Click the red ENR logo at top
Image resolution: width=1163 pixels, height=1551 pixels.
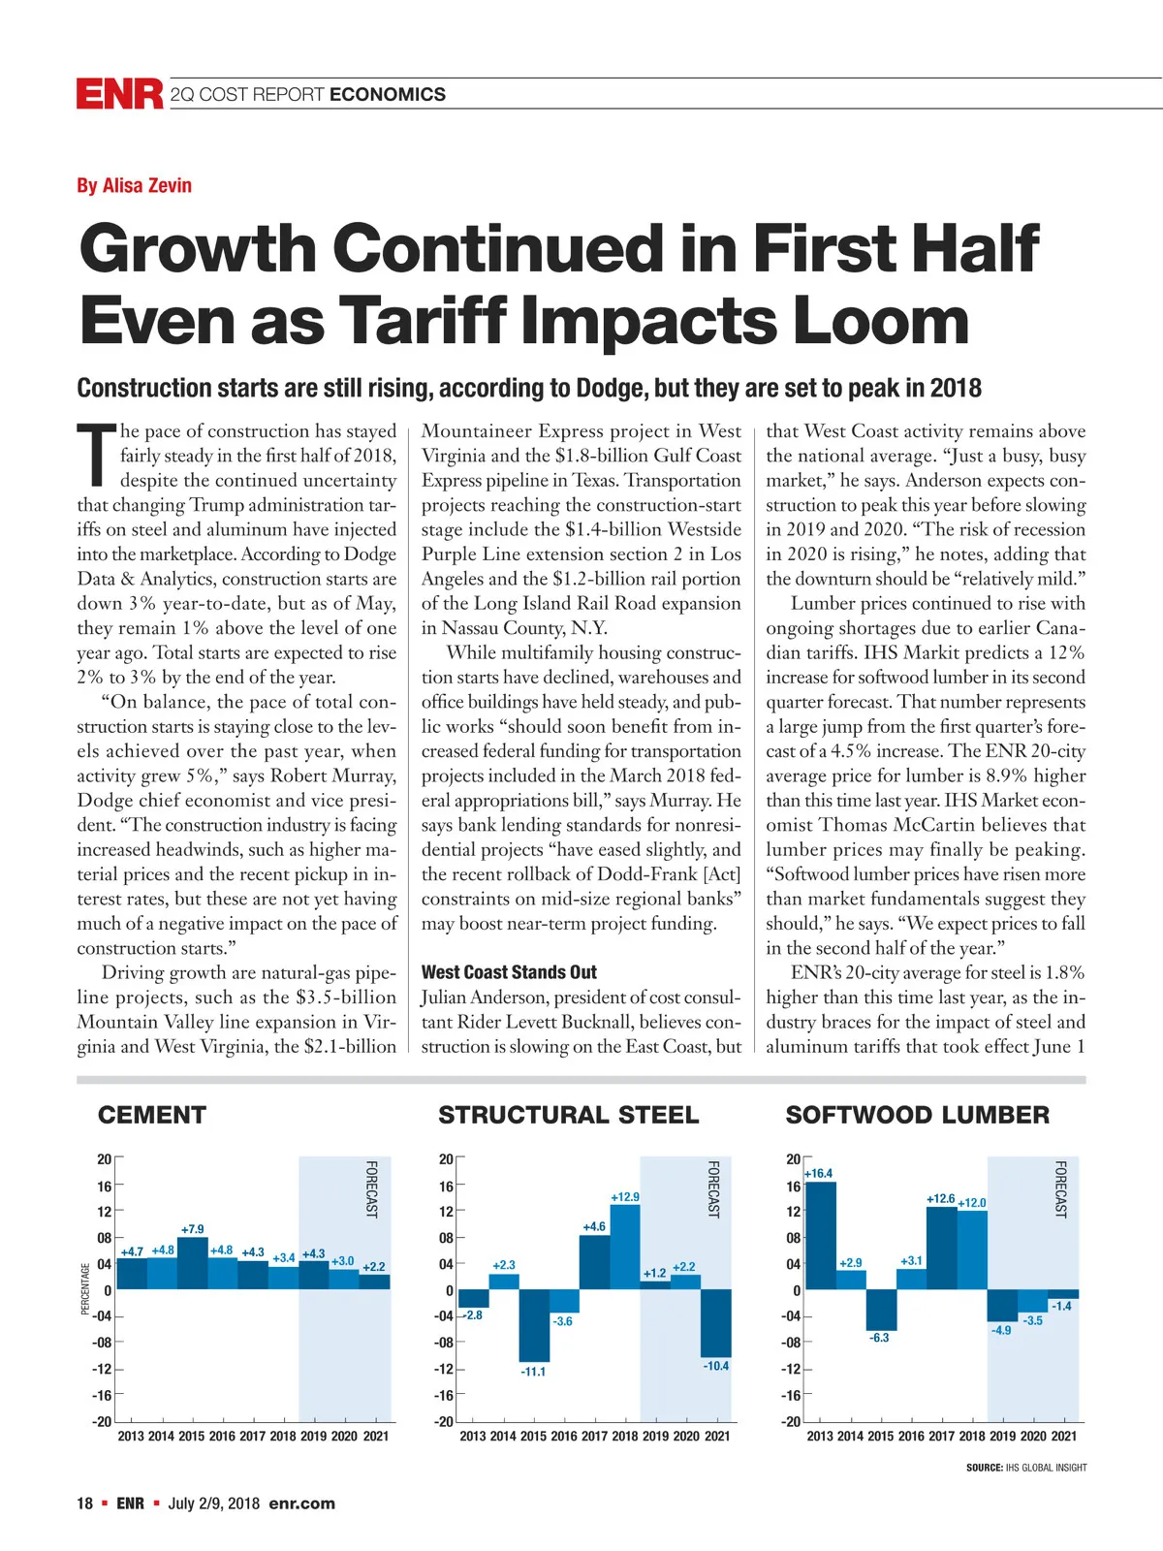point(119,94)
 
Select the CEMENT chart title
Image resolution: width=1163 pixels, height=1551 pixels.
point(152,1115)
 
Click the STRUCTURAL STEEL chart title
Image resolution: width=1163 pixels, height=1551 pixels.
point(568,1115)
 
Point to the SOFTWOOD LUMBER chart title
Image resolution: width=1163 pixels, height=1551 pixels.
point(917,1115)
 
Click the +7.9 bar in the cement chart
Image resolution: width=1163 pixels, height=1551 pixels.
point(192,1263)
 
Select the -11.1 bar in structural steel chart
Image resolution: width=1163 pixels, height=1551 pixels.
point(534,1325)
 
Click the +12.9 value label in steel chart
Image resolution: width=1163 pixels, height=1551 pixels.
point(625,1197)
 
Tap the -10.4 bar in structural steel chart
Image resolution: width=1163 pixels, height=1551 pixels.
point(716,1322)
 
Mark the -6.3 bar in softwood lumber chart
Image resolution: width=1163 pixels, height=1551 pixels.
point(881,1310)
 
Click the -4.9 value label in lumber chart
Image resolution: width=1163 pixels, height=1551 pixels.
point(1001,1330)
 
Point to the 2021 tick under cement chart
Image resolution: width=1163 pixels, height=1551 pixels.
point(375,1436)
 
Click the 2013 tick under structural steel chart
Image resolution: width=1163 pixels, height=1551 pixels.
point(473,1436)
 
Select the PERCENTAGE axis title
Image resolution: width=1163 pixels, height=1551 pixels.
point(85,1288)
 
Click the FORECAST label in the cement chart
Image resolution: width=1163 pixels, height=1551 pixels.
point(371,1188)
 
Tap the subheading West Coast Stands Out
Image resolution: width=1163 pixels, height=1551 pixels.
point(509,972)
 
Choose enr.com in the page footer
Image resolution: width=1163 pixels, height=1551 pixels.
point(301,1504)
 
